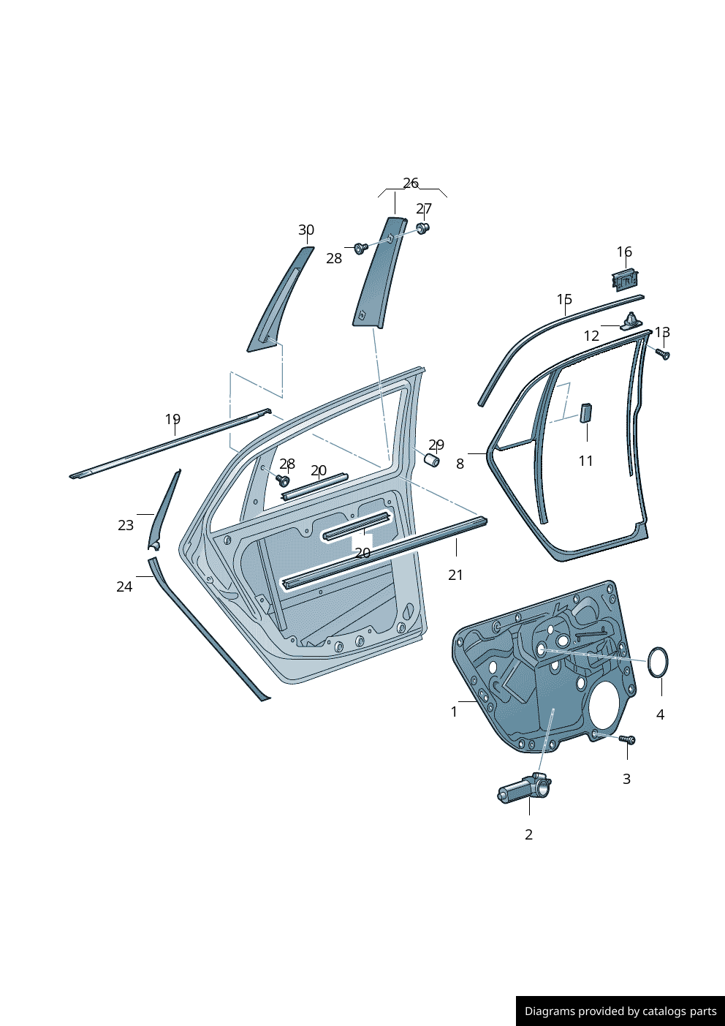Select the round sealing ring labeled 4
point(658,663)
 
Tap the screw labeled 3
point(628,740)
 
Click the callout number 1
point(454,712)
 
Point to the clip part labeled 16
point(623,279)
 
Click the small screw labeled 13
point(663,355)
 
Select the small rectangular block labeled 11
point(586,412)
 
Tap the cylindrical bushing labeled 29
point(432,460)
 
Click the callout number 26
point(411,183)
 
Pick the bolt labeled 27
point(422,228)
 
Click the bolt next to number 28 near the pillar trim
point(360,249)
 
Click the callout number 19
point(172,419)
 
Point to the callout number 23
point(126,525)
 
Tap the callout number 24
point(124,586)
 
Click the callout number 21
point(455,575)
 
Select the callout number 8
point(460,464)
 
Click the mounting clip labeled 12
point(631,321)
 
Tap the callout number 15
point(564,299)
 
